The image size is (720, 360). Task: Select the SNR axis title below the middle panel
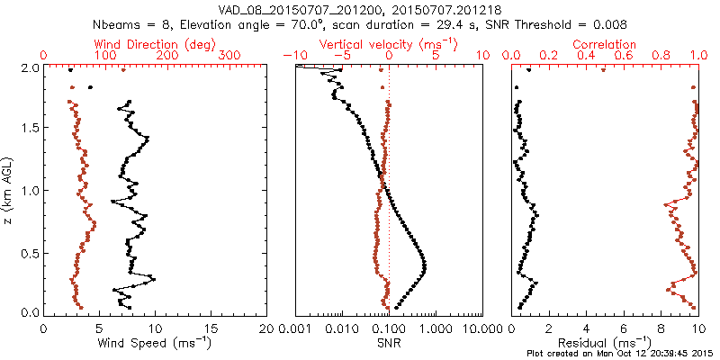(x=388, y=344)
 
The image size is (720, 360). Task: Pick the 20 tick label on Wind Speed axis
(x=265, y=328)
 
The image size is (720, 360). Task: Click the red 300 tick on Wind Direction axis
(x=229, y=56)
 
